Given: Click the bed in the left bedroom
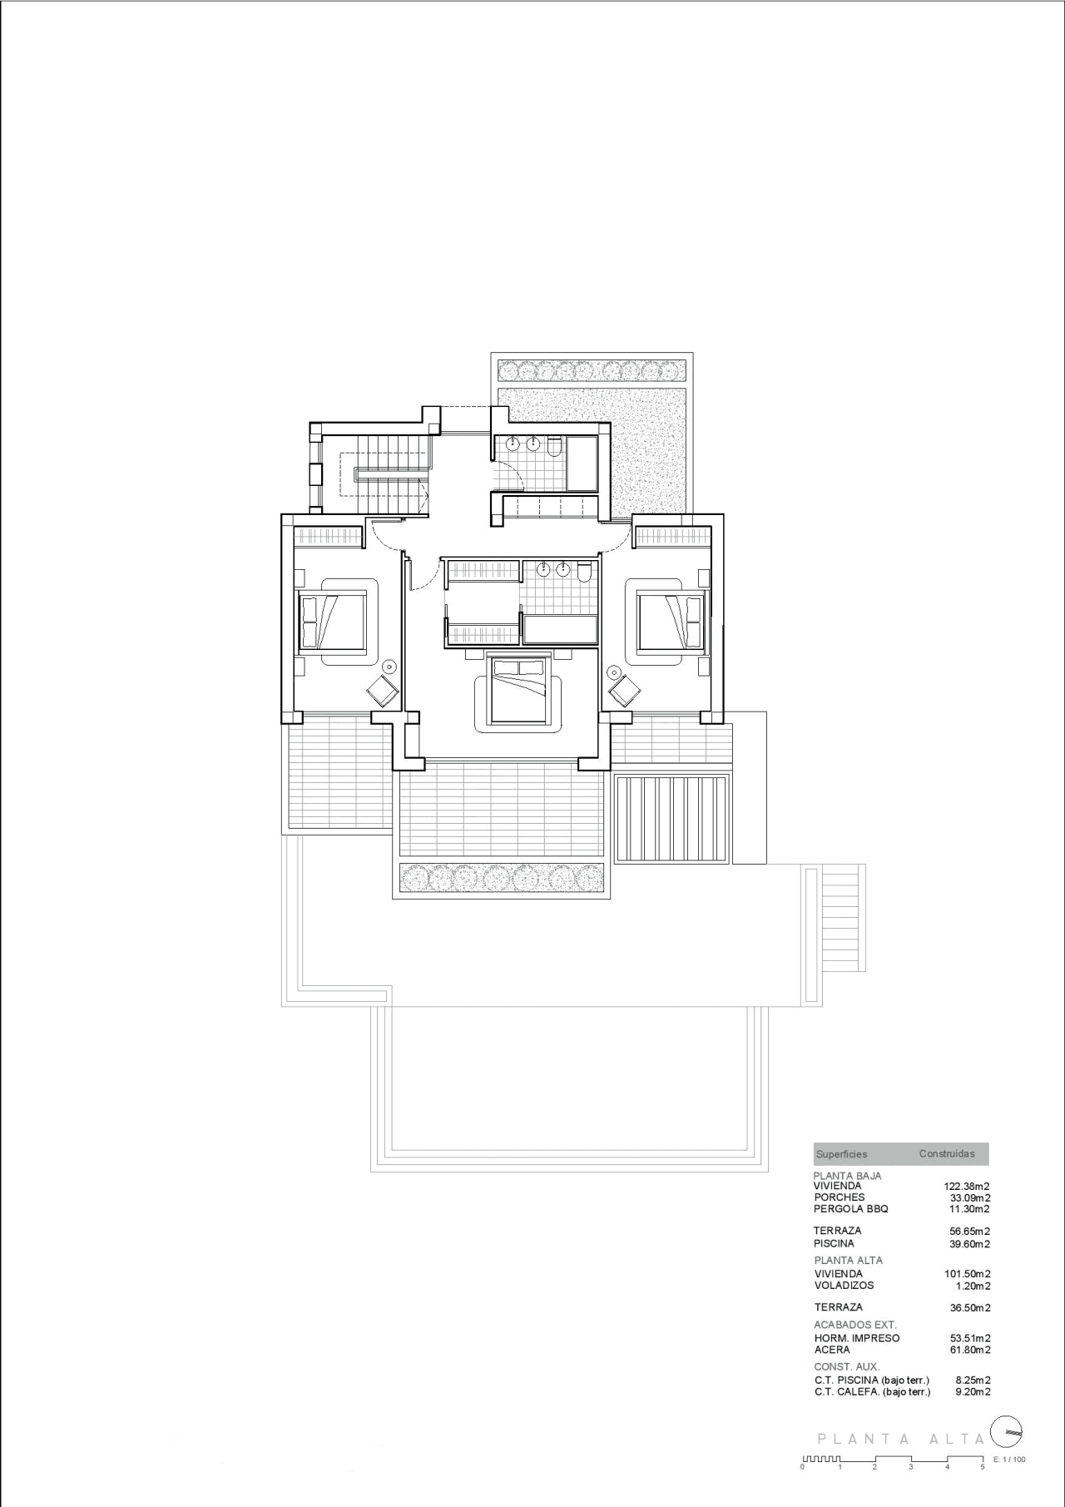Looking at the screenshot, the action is (x=333, y=620).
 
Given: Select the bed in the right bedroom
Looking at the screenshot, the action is (x=671, y=620).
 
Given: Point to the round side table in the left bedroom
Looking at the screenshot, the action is (x=389, y=667).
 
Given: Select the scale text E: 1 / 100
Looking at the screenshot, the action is (x=1009, y=1460).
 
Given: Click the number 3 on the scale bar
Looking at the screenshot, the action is (x=911, y=1467).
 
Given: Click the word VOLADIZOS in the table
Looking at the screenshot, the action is (x=845, y=1286).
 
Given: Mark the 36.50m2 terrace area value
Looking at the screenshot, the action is (x=970, y=1308).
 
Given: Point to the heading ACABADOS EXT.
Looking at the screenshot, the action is (x=855, y=1325).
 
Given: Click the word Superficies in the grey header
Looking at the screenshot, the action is (x=841, y=1154).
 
